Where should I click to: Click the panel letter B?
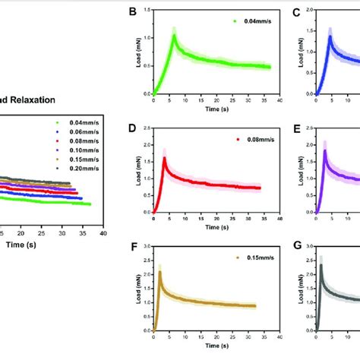click(x=133, y=12)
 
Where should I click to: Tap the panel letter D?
click(x=133, y=130)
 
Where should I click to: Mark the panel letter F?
click(x=133, y=248)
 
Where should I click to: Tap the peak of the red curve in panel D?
click(x=165, y=158)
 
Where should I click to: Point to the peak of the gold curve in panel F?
click(x=160, y=272)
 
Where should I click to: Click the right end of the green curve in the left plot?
click(x=90, y=204)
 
